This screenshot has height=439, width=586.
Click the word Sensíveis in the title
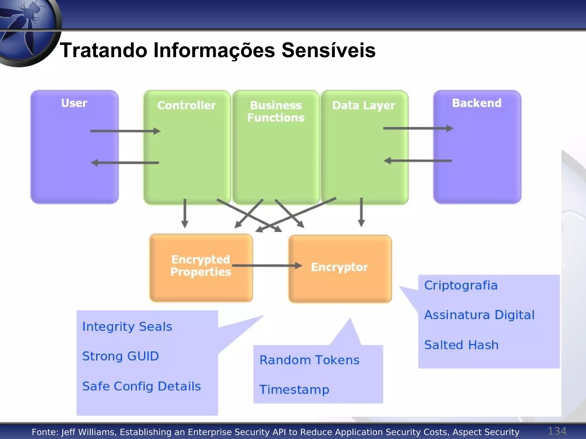pos(328,50)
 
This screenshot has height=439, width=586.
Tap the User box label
pos(74,103)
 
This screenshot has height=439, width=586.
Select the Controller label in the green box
pos(187,105)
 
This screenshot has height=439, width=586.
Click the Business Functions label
pos(276,111)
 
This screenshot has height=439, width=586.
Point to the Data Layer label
pos(364,105)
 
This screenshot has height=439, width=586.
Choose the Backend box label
pos(477,103)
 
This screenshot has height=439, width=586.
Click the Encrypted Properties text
pos(201,266)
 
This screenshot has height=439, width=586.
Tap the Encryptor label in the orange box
pos(339,267)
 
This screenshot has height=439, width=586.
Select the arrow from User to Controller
pos(125,131)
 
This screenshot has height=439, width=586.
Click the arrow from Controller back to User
pos(125,163)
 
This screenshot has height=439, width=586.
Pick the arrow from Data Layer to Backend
pos(418,129)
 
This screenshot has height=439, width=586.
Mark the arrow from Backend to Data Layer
pos(418,161)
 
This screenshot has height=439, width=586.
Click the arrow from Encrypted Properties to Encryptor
pos(267,266)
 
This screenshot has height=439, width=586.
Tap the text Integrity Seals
pos(127,327)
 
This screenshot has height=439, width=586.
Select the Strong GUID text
pos(120,356)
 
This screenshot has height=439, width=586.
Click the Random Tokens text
pos(309,360)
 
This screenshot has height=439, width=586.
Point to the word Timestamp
pos(294,390)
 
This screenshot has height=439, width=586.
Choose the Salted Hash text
pos(461,345)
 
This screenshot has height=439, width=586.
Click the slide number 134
pos(557,431)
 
